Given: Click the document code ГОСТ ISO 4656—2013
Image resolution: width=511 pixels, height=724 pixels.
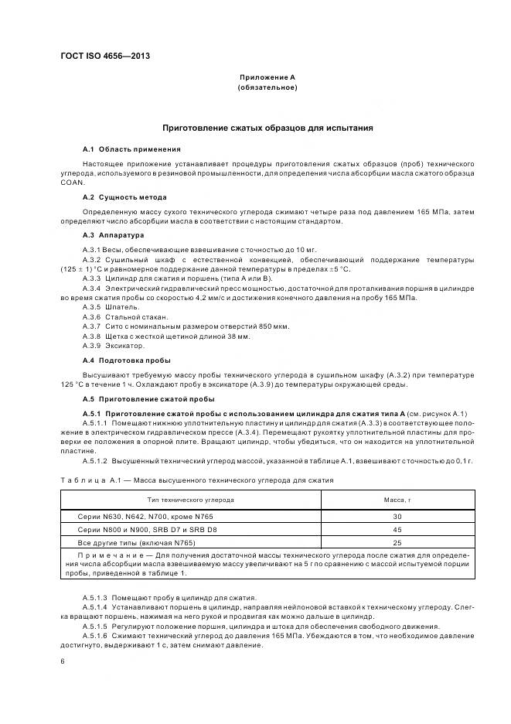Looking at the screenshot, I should point(104,56).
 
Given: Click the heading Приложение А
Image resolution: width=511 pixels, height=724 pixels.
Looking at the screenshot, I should point(267,78).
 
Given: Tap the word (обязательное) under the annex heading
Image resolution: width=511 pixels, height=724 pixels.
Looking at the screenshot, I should point(267,88).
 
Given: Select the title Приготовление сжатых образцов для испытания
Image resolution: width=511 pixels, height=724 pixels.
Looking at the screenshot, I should point(267,128).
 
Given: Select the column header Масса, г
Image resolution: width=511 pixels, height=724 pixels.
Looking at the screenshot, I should point(397,500).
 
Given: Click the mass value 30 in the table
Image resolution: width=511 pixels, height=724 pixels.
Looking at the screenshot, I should point(397,516).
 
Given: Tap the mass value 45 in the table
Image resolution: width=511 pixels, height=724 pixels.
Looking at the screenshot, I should point(397,530).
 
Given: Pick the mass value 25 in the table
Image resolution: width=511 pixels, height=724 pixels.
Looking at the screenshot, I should point(397,544).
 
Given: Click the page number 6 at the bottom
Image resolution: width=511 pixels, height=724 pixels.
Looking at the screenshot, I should point(63,661).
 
